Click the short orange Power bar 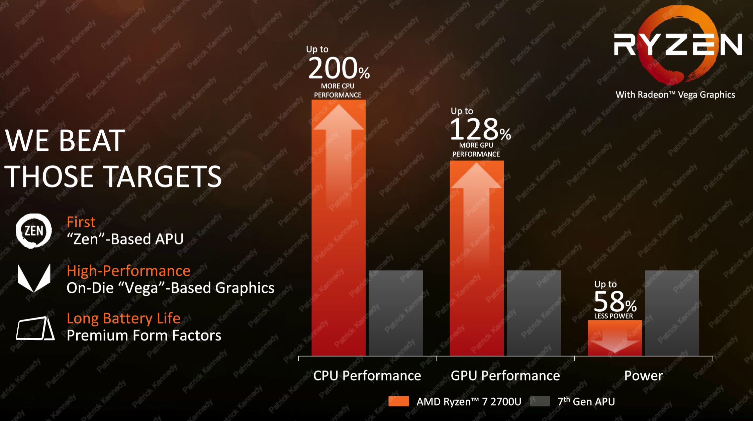[x=615, y=337]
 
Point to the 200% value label [x=339, y=69]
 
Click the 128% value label [x=480, y=130]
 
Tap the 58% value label [x=615, y=302]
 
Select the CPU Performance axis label [x=367, y=376]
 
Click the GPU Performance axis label [x=505, y=376]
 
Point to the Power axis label [x=643, y=376]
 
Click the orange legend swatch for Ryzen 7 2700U [x=398, y=401]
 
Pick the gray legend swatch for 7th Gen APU [x=540, y=401]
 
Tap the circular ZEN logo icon [x=34, y=231]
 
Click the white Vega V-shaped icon [x=34, y=278]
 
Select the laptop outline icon [x=35, y=328]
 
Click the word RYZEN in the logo [x=678, y=45]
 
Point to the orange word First [x=81, y=222]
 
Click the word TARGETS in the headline [x=163, y=177]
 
